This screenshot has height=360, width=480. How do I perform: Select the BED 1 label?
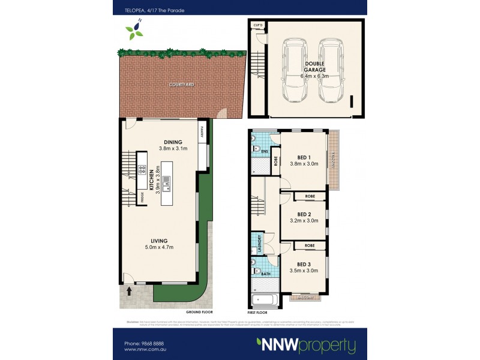(304, 158)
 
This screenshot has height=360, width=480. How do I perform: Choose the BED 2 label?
(304, 217)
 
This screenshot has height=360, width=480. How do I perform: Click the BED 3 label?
(304, 266)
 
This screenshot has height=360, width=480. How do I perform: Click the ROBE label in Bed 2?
(310, 196)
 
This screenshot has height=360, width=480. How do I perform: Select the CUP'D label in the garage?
(259, 25)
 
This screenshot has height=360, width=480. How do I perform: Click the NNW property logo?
(306, 345)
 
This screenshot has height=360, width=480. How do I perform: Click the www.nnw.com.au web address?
(145, 349)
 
